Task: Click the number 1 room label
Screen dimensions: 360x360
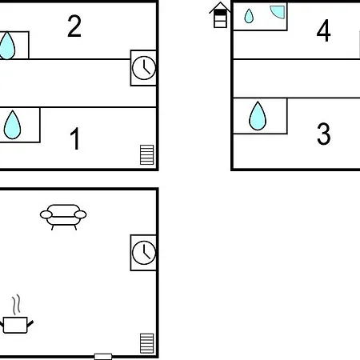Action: click(75, 138)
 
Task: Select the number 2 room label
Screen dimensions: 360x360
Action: click(74, 26)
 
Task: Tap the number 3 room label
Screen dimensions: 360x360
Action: click(324, 134)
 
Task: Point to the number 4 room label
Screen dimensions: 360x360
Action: click(323, 30)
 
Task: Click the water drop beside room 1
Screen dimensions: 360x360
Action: click(12, 125)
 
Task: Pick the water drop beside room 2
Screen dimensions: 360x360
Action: click(7, 46)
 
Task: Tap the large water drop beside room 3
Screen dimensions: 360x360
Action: click(258, 116)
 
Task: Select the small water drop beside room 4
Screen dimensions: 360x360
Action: click(249, 16)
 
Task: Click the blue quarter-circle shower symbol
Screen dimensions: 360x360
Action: click(278, 12)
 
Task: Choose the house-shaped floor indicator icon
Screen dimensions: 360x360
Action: click(220, 15)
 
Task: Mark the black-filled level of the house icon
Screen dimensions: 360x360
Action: click(220, 12)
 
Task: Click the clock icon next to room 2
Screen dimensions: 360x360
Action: click(144, 68)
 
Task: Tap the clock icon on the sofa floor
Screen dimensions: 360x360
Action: click(144, 253)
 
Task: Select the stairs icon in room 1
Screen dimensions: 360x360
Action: click(147, 154)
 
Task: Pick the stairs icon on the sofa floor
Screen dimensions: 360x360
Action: click(147, 343)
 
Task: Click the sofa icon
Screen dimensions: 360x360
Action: click(63, 217)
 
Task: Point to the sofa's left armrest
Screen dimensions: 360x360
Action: click(46, 214)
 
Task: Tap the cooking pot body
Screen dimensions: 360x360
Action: click(15, 325)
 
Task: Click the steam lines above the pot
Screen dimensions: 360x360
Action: click(16, 305)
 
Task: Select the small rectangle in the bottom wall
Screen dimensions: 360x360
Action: click(103, 357)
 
